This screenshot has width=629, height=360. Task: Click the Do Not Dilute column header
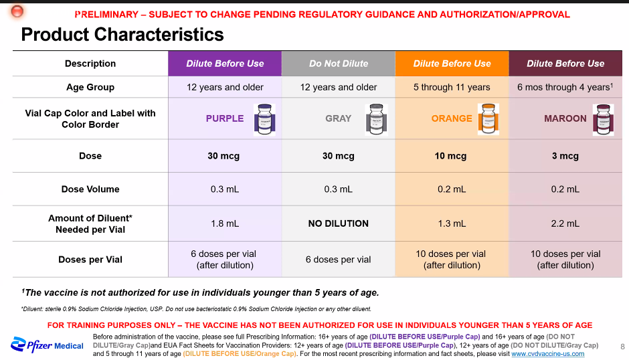[x=339, y=64]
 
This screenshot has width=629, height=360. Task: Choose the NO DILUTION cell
[x=339, y=223]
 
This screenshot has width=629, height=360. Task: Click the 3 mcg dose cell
[x=565, y=156]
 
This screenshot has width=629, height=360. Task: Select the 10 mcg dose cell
[x=452, y=156]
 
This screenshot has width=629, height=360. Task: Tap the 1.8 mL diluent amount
[x=225, y=223]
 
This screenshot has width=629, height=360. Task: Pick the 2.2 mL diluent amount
[x=565, y=223]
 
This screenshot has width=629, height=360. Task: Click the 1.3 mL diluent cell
[x=452, y=223]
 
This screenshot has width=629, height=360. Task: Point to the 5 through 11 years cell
[x=452, y=87]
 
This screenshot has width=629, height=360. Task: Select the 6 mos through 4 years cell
[x=565, y=87]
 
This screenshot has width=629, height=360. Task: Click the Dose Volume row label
[x=90, y=189]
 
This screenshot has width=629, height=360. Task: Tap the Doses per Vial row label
[x=90, y=260]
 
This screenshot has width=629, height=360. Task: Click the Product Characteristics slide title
[x=122, y=34]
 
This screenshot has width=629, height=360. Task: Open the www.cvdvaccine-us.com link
[x=547, y=354]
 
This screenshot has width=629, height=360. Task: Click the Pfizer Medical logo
[x=47, y=345]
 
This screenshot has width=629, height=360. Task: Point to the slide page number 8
[x=622, y=347]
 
